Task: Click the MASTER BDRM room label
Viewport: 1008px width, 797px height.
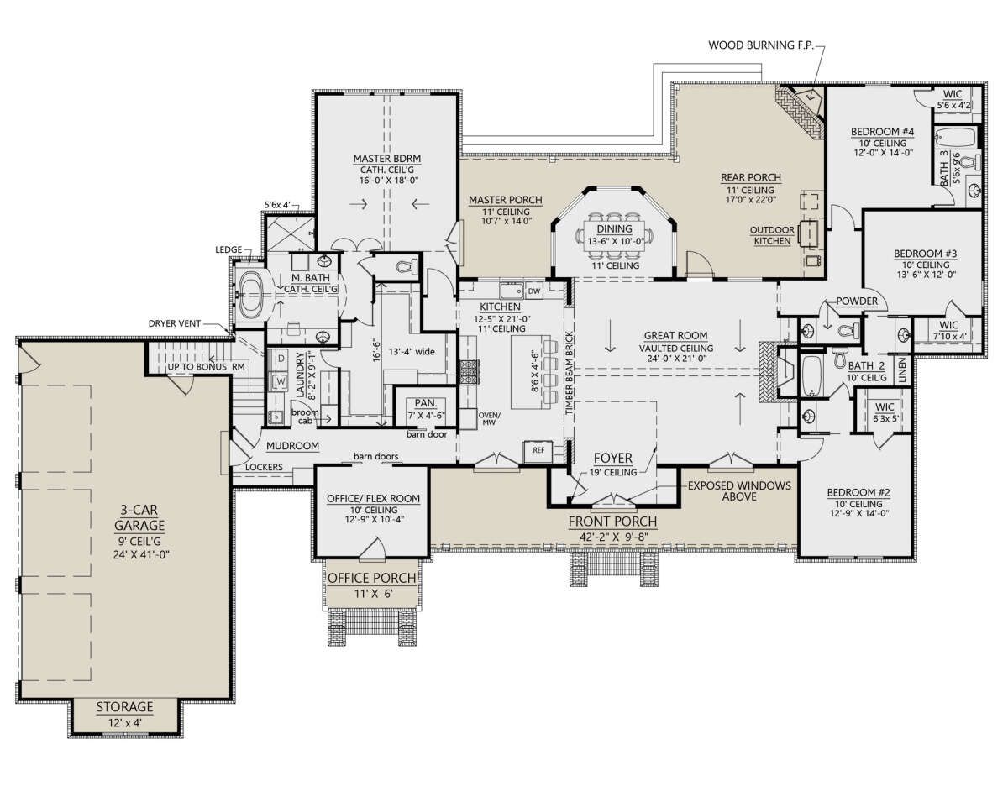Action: point(387,158)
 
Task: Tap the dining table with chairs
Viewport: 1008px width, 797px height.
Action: point(614,235)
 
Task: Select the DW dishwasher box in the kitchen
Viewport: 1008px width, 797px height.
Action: point(534,291)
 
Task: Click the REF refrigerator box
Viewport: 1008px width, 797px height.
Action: point(538,450)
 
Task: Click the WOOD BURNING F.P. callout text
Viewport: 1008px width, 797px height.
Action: point(761,45)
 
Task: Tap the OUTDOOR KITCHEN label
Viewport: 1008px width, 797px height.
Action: point(772,235)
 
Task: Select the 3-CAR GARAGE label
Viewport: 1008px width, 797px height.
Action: point(139,517)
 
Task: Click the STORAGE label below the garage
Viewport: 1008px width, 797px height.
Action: point(124,706)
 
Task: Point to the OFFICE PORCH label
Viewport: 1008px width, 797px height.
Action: point(372,579)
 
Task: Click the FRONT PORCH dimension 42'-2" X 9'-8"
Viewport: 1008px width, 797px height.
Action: point(613,537)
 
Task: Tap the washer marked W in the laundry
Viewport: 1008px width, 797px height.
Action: point(280,380)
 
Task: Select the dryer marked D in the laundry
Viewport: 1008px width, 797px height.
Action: point(281,359)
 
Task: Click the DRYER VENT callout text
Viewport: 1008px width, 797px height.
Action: point(175,323)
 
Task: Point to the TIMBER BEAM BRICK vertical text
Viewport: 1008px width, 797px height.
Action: point(570,373)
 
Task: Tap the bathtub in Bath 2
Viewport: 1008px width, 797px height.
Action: point(811,377)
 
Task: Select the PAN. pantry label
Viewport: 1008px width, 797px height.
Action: point(425,403)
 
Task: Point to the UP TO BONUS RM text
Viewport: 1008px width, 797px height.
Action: point(206,367)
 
